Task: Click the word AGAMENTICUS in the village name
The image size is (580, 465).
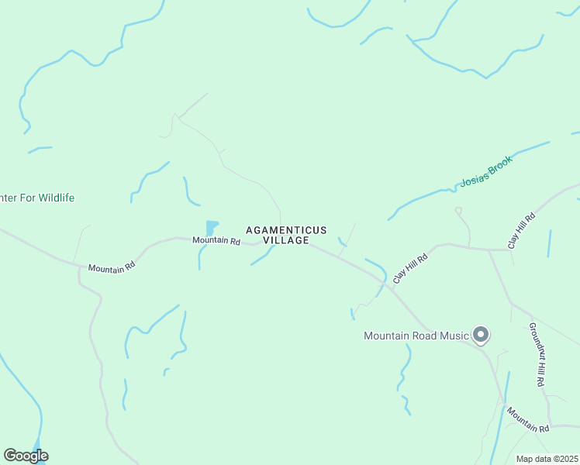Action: [286, 230]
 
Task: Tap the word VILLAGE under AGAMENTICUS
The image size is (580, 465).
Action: [286, 240]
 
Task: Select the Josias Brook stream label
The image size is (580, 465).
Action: [486, 172]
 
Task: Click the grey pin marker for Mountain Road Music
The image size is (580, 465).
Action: [481, 335]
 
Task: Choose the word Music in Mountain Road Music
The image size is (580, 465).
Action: [455, 336]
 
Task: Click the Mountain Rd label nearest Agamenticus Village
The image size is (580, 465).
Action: [216, 241]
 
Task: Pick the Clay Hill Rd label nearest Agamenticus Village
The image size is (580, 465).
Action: [410, 268]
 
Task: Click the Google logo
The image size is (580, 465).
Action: [26, 456]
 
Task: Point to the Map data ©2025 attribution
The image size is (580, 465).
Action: [547, 459]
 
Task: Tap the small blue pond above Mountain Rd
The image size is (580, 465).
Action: [211, 228]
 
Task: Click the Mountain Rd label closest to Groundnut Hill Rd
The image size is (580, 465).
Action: [528, 418]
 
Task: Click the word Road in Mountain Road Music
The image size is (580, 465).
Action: [424, 336]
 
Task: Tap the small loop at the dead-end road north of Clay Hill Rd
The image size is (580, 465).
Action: [458, 209]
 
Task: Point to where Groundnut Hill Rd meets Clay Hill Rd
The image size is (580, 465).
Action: [489, 250]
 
